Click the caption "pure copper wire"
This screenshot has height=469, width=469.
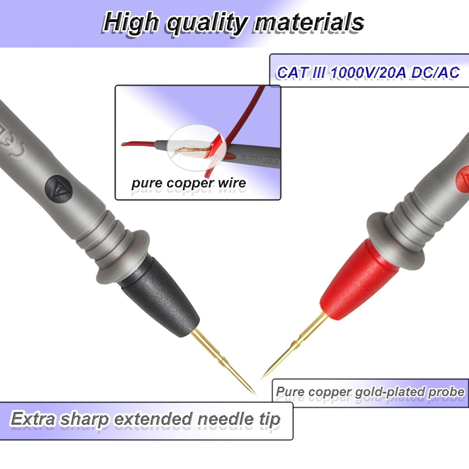click(189, 182)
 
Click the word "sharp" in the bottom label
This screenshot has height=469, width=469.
click(89, 418)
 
